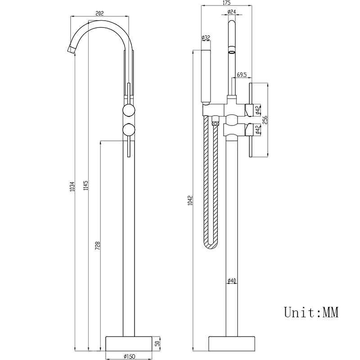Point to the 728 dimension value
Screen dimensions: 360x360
click(98, 245)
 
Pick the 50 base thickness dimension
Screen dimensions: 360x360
click(157, 343)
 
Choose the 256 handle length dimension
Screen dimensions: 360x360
click(265, 120)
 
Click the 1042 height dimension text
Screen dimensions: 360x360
click(190, 200)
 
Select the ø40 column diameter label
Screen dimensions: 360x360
click(232, 281)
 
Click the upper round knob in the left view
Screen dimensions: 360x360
click(129, 111)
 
